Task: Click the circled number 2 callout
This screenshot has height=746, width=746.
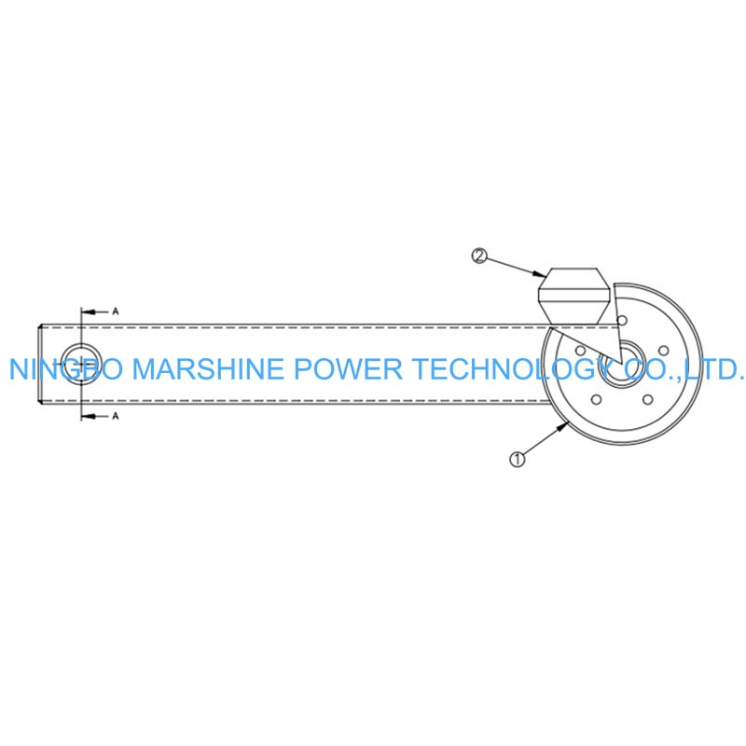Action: [x=479, y=256]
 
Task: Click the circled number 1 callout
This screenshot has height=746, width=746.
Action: [x=518, y=459]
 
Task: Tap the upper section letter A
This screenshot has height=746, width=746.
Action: [x=115, y=311]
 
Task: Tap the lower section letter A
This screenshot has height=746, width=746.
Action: [x=115, y=416]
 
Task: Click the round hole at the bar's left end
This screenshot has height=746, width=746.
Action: [x=81, y=364]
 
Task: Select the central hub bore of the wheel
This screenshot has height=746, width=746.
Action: [x=622, y=364]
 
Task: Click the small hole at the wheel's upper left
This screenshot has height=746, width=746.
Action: [x=580, y=351]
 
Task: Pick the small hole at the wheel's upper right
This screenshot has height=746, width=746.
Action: [x=663, y=351]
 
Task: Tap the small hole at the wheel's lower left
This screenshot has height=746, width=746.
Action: [x=596, y=400]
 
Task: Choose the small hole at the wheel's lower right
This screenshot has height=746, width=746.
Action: [x=647, y=400]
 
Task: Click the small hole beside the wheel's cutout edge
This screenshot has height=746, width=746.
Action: [x=621, y=320]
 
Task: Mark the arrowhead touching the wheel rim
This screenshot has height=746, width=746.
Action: [x=563, y=427]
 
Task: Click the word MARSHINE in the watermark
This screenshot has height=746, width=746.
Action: [x=207, y=369]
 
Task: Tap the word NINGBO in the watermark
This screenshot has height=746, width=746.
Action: [x=65, y=369]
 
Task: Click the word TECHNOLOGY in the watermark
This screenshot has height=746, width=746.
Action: [x=513, y=369]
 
